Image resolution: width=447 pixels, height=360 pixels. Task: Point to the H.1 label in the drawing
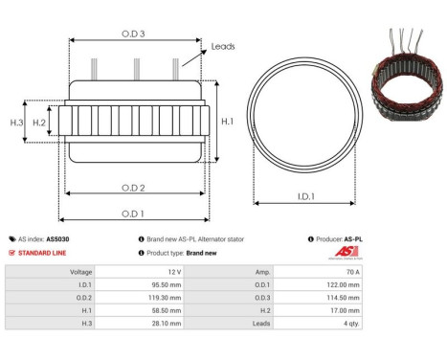(227, 122)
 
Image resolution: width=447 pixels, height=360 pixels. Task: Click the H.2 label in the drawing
(39, 123)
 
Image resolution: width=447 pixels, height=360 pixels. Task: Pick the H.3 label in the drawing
(16, 123)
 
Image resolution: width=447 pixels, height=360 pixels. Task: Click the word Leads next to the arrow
(223, 46)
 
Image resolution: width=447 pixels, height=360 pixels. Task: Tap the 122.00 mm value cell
(404, 284)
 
